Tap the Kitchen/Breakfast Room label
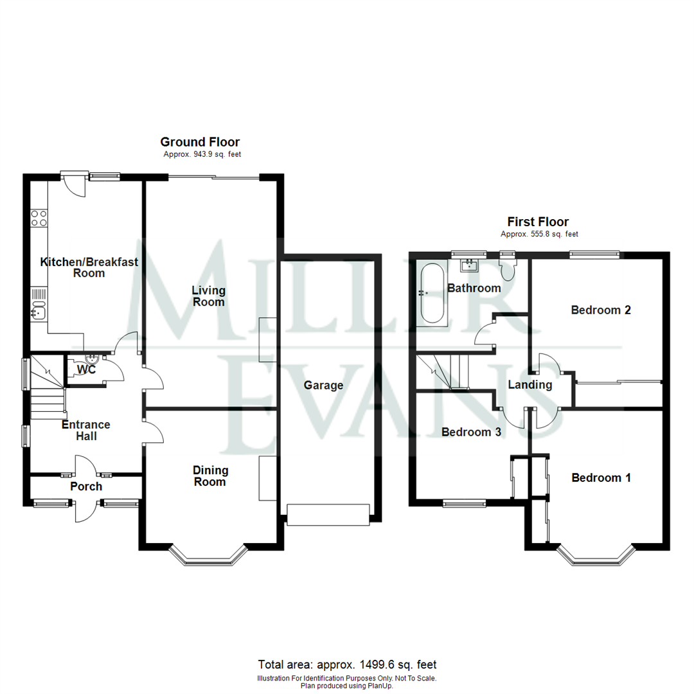pyautogui.click(x=73, y=267)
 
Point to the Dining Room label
pyautogui.click(x=209, y=476)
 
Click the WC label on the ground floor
pyautogui.click(x=86, y=371)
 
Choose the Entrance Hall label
pyautogui.click(x=86, y=431)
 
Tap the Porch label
pyautogui.click(x=86, y=486)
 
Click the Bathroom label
pyautogui.click(x=474, y=288)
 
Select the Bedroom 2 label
pyautogui.click(x=601, y=310)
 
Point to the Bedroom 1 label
pyautogui.click(x=601, y=477)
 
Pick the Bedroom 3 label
pyautogui.click(x=470, y=432)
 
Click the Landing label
pyautogui.click(x=530, y=385)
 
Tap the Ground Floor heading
pyautogui.click(x=200, y=142)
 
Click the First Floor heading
pyautogui.click(x=538, y=222)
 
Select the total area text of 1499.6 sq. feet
pyautogui.click(x=347, y=664)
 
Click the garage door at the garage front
pyautogui.click(x=328, y=515)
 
